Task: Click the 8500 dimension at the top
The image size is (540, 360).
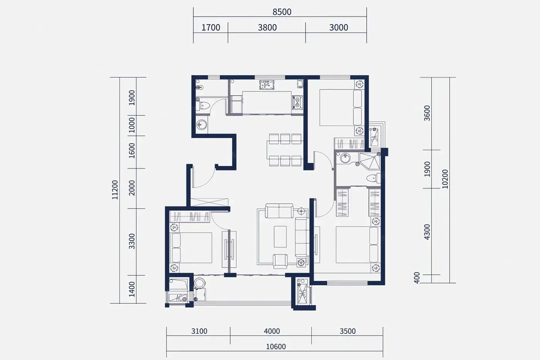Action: [x=282, y=12]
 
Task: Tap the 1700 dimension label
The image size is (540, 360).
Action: [x=211, y=27]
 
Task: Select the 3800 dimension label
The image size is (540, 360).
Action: [x=267, y=27]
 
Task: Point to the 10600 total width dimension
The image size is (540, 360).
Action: [x=276, y=346]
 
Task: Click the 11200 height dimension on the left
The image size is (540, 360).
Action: [x=115, y=190]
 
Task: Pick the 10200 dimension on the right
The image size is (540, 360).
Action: [x=445, y=179]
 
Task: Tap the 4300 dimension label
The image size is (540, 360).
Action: [x=427, y=232]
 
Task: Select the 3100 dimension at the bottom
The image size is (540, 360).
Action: [x=199, y=331]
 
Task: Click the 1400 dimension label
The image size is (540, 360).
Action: [x=132, y=289]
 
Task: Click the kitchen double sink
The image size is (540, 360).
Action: [x=267, y=85]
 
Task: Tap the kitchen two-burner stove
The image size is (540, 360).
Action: [x=297, y=102]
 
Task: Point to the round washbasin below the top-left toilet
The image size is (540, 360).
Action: [x=201, y=125]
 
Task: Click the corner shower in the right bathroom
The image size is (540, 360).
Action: [x=370, y=161]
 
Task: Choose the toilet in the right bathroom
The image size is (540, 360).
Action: [x=373, y=178]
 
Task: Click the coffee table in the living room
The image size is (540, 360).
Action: [x=280, y=237]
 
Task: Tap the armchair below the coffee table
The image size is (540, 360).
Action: [x=280, y=261]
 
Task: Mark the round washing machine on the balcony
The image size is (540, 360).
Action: [x=199, y=283]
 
